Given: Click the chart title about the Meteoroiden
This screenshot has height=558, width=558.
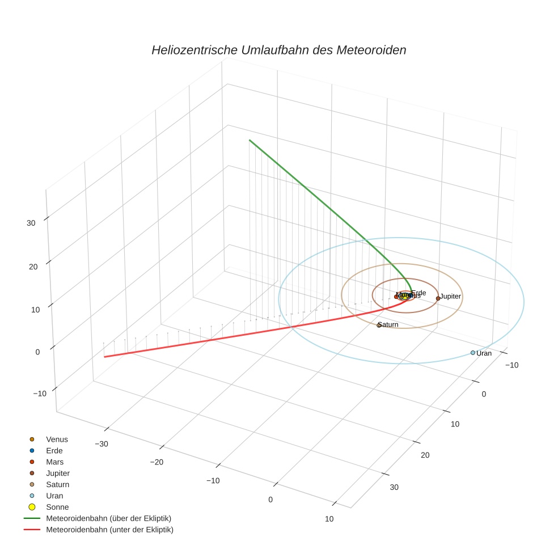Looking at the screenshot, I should tap(278, 50).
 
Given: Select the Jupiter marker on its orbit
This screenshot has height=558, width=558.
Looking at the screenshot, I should tap(438, 298).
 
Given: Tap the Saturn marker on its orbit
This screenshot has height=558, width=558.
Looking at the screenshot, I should tap(379, 325).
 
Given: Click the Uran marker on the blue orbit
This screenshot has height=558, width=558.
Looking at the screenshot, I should tap(473, 353).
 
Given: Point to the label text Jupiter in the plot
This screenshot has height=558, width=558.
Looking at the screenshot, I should tap(451, 297).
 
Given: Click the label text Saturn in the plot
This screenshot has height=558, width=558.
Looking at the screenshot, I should tap(388, 325).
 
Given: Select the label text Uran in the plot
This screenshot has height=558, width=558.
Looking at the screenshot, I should tap(484, 353).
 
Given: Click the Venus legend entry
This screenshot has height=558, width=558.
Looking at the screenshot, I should tap(57, 439).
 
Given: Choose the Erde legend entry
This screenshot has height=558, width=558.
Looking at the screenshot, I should tap(54, 451).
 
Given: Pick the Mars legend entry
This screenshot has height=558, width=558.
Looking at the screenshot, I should tap(54, 462).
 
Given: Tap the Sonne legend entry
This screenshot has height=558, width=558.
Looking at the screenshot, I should tap(57, 507).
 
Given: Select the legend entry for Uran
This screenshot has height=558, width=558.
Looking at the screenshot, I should tap(54, 496).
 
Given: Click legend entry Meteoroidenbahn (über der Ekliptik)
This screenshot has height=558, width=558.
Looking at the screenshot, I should tap(108, 518).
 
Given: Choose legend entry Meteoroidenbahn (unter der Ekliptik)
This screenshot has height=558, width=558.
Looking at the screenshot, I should tap(109, 530).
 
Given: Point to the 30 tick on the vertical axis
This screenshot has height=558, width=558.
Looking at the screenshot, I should tap(31, 223).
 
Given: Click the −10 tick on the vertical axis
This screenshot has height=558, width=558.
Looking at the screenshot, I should tap(40, 394).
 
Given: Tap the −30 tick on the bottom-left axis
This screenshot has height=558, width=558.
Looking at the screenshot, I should tap(102, 444).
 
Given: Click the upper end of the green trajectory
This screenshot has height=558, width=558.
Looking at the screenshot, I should tap(249, 139).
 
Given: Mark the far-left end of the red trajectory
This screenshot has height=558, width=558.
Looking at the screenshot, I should tap(104, 357).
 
